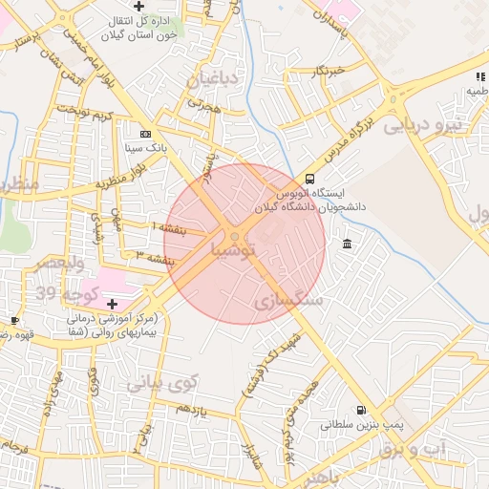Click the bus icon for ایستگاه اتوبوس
pyautogui.click(x=309, y=179)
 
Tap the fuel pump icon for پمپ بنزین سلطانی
pyautogui.click(x=359, y=408)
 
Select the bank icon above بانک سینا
pyautogui.click(x=145, y=135)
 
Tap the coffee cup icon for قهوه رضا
pyautogui.click(x=14, y=320)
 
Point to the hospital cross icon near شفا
pyautogui.click(x=112, y=303)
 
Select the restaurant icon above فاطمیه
pyautogui.click(x=479, y=76)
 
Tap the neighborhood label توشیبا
pyautogui.click(x=233, y=251)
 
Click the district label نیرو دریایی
pyautogui.click(x=423, y=124)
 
